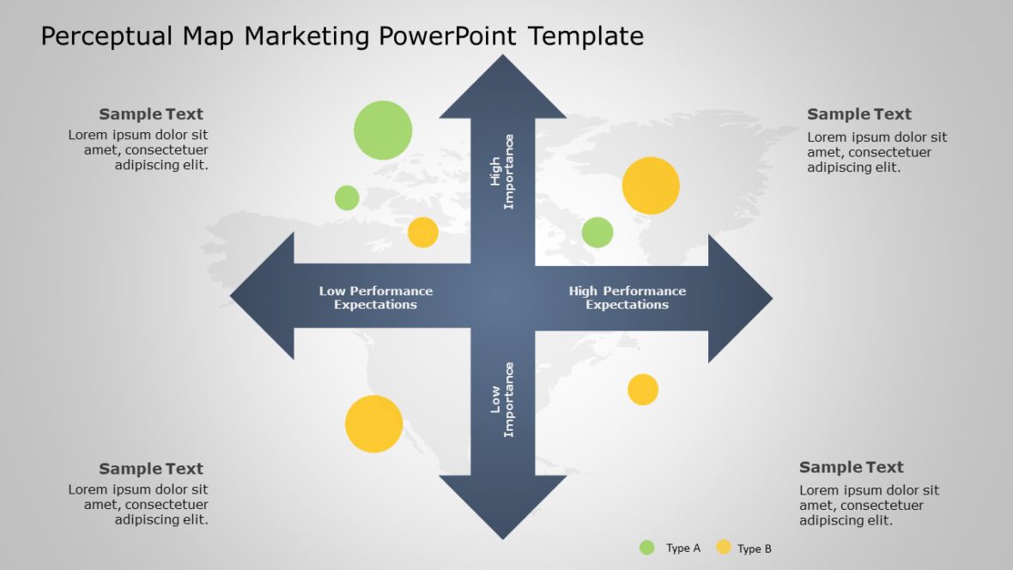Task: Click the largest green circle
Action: point(383,130)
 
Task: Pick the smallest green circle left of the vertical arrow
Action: point(347,198)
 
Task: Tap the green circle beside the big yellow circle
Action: point(597,233)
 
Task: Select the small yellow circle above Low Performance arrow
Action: point(422,233)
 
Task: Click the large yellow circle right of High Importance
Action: point(651,185)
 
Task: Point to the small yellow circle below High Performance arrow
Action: point(642,390)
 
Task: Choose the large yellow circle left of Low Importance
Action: point(373,424)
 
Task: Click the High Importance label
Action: point(502,172)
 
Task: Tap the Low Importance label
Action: point(502,399)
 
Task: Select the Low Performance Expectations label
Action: point(376,298)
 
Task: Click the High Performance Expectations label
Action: point(627,298)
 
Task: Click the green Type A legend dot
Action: point(647,548)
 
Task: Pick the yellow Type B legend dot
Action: point(724,548)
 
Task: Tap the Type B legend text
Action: point(755,549)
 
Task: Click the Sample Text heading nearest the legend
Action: point(851,468)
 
